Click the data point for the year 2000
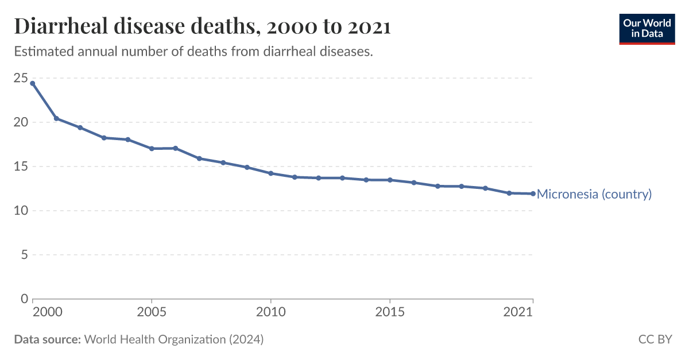click(x=33, y=83)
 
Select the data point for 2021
click(x=533, y=193)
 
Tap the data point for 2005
click(x=152, y=149)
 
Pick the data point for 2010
click(x=271, y=173)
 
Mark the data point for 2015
click(x=390, y=180)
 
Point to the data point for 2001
click(x=56, y=118)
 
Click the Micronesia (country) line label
click(x=594, y=194)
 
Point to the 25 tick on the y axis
click(x=21, y=78)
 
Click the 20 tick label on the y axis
click(x=21, y=122)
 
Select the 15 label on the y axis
click(x=21, y=167)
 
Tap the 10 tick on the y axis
click(x=21, y=211)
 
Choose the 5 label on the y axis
click(x=24, y=255)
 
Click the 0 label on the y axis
click(x=24, y=299)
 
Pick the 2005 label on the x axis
click(x=152, y=312)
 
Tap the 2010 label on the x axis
click(x=271, y=312)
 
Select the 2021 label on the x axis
click(x=518, y=312)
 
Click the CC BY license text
click(x=655, y=339)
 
